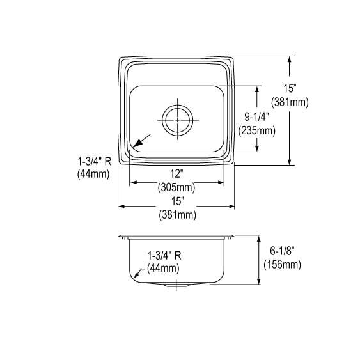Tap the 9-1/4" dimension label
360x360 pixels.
click(x=256, y=117)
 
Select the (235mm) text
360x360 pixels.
click(x=256, y=131)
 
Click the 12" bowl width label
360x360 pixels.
click(x=176, y=173)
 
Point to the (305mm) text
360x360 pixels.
click(x=176, y=187)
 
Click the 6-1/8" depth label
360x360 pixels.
click(x=282, y=251)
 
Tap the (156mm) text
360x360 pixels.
click(x=282, y=265)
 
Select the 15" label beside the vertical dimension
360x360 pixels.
click(x=290, y=88)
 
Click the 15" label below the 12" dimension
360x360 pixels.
click(x=178, y=201)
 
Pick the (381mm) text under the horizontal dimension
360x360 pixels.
click(x=178, y=215)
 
